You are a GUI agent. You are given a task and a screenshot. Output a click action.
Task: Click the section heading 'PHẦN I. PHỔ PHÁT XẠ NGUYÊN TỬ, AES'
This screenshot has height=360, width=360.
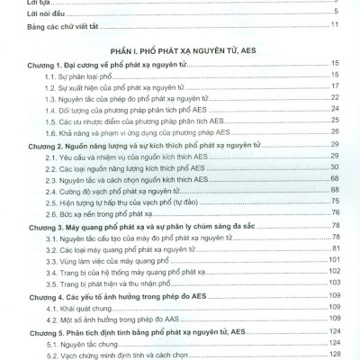click(181, 52)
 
